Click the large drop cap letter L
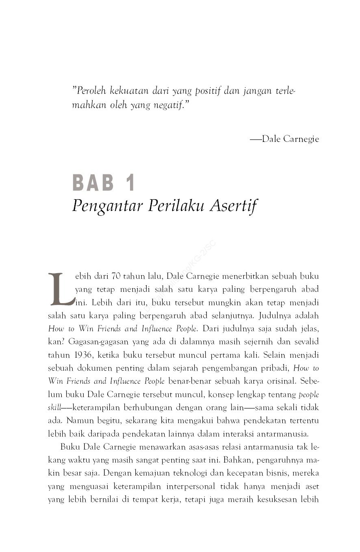(61, 289)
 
